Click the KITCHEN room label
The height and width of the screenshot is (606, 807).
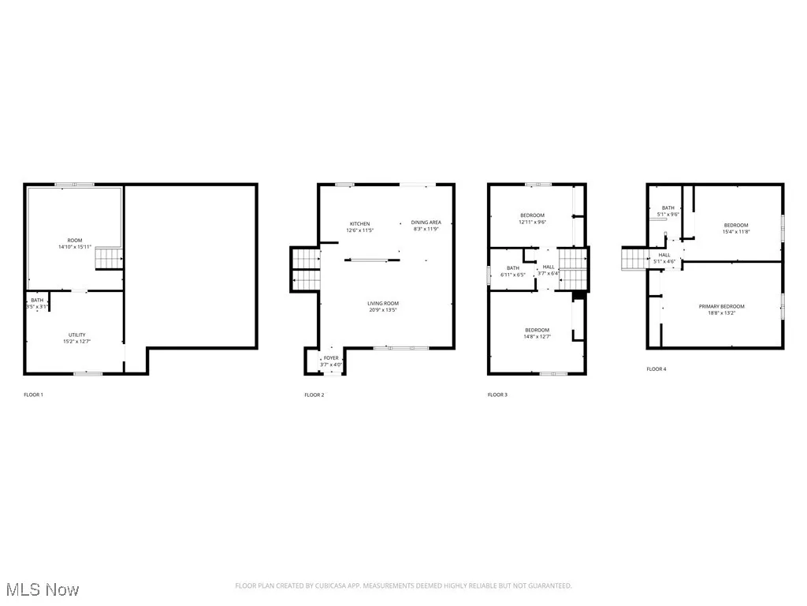tap(359, 223)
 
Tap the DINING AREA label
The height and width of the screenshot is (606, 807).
tap(426, 223)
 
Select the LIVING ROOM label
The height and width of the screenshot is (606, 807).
tap(383, 303)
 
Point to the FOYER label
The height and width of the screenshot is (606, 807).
tap(332, 358)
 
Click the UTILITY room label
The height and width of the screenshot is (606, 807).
tap(76, 335)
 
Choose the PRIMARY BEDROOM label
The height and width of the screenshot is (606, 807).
tap(721, 306)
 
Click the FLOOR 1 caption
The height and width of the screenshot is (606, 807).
tap(33, 395)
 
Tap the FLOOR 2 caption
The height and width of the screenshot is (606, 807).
tap(314, 395)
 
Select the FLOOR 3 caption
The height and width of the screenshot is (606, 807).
tap(497, 395)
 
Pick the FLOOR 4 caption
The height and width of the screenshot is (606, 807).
tap(656, 368)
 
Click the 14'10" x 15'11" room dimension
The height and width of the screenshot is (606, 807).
tap(75, 247)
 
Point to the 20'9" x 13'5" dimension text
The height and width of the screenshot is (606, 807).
tap(383, 310)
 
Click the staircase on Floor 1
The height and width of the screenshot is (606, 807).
tap(106, 257)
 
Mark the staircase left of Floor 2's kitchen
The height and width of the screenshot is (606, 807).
tap(304, 267)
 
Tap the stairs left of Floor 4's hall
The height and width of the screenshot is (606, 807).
tap(634, 258)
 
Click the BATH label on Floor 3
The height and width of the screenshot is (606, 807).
tap(513, 267)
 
